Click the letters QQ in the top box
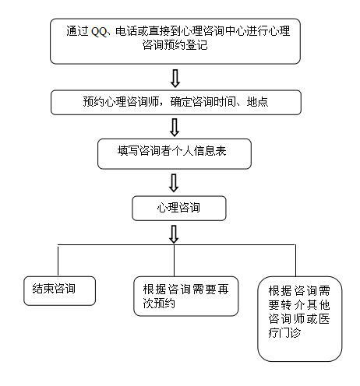click(99, 32)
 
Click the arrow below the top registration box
click(175, 78)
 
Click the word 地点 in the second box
click(257, 101)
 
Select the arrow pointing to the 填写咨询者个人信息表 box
click(175, 128)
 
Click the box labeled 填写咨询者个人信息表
click(175, 154)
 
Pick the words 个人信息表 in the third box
click(199, 151)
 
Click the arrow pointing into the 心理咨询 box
click(174, 183)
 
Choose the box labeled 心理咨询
click(179, 209)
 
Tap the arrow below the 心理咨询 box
click(174, 234)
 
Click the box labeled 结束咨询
click(59, 290)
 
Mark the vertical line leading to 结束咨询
click(58, 261)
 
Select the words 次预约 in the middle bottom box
click(159, 303)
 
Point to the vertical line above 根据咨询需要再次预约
click(174, 261)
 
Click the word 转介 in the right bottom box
click(293, 305)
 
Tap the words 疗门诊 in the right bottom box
click(284, 332)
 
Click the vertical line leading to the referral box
click(295, 261)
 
